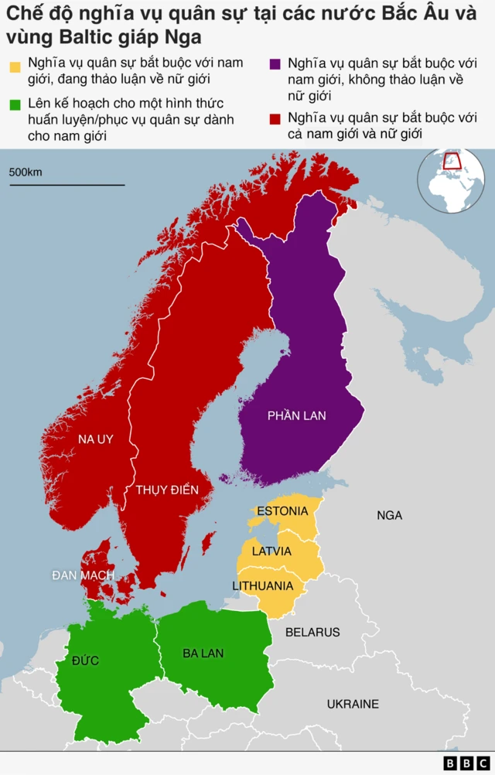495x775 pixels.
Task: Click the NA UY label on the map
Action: [95, 439]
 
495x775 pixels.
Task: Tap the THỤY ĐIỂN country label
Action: [167, 490]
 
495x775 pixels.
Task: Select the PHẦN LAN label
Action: [297, 415]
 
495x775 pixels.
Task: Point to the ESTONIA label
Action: [282, 511]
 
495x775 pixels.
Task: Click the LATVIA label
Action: [271, 551]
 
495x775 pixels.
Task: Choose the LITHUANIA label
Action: [263, 586]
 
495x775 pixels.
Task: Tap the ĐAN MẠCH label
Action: [84, 575]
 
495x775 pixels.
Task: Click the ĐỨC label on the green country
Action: [85, 661]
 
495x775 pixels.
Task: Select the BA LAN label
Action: [203, 654]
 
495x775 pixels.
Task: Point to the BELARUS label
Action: [312, 632]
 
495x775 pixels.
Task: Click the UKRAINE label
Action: [353, 704]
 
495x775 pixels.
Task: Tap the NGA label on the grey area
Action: [389, 515]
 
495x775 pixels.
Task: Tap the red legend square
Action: [275, 120]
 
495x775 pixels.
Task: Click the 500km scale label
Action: [26, 172]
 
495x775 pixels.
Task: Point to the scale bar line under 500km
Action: [67, 185]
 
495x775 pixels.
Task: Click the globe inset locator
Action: [451, 180]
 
